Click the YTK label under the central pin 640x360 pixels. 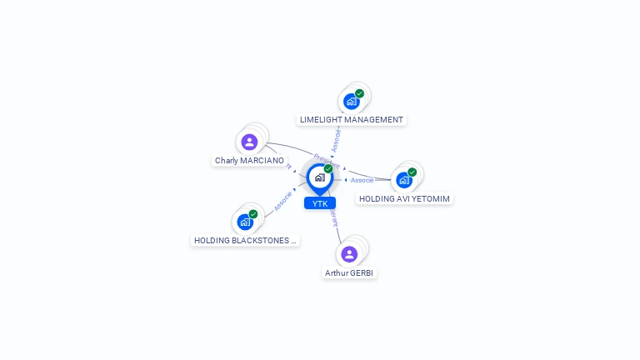coord(320,203)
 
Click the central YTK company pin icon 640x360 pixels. coord(319,177)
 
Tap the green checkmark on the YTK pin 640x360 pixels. coord(328,169)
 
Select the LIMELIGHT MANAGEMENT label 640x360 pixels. coord(352,120)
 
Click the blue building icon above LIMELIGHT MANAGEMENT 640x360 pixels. coord(352,102)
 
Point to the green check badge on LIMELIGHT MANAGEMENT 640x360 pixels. coord(359,93)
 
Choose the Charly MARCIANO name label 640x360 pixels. coord(249,160)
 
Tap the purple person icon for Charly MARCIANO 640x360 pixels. coord(249,142)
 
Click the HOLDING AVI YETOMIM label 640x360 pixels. coord(404,199)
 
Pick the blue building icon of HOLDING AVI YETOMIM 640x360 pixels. coord(404,180)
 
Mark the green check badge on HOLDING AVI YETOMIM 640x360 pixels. coord(412,172)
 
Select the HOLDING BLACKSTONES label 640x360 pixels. coord(245,240)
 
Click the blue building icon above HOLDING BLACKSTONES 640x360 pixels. coord(245,222)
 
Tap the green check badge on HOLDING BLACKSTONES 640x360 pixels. coord(253,214)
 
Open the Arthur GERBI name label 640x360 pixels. coord(350,272)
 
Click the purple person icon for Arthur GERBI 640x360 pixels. coord(349,254)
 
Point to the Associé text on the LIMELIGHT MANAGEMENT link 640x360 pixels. coord(336,139)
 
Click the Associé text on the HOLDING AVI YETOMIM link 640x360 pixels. coord(362,180)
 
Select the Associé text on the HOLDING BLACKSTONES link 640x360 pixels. coord(282,201)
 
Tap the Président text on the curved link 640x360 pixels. coord(326,161)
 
